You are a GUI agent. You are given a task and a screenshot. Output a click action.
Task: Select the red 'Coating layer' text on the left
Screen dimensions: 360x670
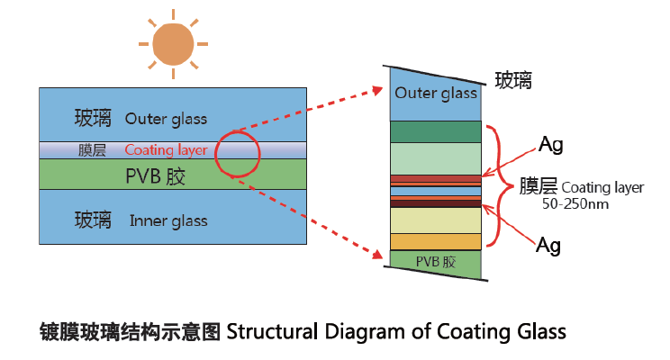click(166, 150)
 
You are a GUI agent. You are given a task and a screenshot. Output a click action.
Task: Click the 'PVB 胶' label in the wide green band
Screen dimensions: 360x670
click(156, 176)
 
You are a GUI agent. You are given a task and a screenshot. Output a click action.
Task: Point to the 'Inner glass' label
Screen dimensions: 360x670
click(167, 220)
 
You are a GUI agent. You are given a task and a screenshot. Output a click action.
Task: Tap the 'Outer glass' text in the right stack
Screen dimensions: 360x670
click(436, 94)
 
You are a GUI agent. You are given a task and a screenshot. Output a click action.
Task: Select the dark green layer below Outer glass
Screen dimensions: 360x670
click(436, 131)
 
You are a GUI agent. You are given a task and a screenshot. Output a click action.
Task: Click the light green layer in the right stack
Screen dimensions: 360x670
click(436, 158)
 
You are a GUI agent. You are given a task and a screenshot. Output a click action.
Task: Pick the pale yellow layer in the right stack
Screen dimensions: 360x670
click(436, 220)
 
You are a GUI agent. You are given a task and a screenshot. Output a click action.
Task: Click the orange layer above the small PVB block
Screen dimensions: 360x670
click(436, 241)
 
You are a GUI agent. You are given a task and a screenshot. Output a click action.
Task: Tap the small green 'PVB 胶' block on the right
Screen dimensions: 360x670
click(436, 262)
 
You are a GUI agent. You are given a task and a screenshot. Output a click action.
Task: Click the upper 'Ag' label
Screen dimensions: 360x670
click(550, 144)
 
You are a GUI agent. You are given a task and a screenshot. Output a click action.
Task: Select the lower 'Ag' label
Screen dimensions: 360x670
click(550, 244)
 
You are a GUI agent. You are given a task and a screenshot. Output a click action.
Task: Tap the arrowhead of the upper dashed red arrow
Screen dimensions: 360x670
click(378, 89)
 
